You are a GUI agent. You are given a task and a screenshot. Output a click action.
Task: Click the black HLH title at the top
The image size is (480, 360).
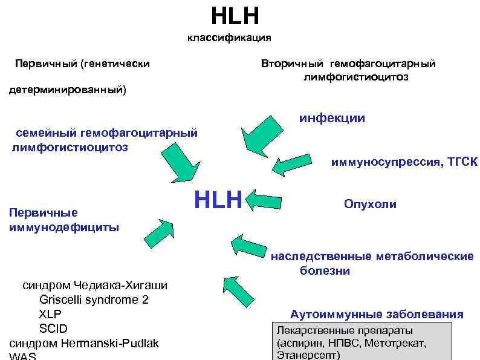tap(235, 16)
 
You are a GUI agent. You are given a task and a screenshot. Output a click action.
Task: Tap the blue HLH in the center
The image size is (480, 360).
tap(218, 199)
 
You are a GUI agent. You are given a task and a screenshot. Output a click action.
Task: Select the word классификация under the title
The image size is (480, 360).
tap(229, 38)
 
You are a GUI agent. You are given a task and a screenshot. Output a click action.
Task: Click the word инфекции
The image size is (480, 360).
tap(332, 118)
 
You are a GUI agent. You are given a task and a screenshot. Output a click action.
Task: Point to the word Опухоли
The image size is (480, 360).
tap(370, 204)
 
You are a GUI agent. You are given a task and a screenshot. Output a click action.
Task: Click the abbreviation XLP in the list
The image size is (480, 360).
tap(50, 314)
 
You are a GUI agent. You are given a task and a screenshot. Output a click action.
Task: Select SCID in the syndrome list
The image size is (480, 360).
tap(53, 329)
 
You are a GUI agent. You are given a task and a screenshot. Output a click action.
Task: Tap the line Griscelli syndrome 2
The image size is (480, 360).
tap(94, 299)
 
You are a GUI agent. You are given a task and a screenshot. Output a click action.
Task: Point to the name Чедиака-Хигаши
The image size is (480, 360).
tap(121, 285)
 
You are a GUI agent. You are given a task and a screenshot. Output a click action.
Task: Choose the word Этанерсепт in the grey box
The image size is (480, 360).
tap(308, 355)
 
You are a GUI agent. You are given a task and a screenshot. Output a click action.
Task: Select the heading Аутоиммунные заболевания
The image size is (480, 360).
tap(377, 314)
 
